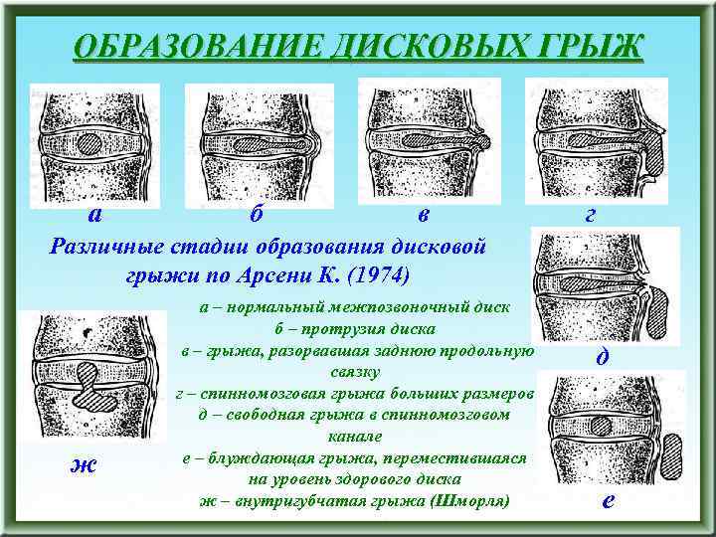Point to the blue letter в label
tap(424, 214)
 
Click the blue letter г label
tap(594, 214)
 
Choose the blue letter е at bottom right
tap(608, 500)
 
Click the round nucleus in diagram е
tap(601, 427)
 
